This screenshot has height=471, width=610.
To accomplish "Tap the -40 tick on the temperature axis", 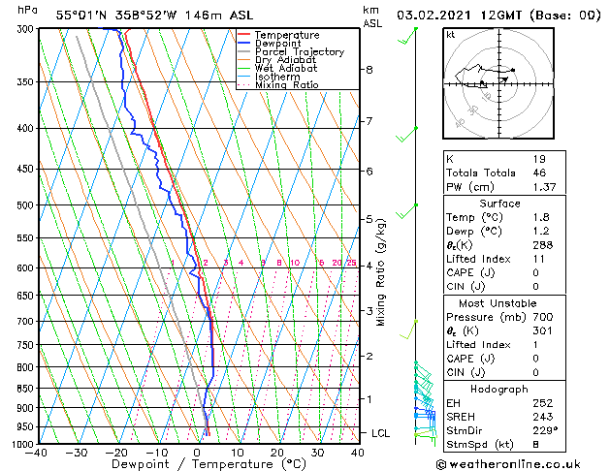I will click(x=37, y=453).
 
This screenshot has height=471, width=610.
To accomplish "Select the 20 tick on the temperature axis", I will click(x=277, y=453).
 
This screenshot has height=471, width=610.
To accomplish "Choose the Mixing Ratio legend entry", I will click(x=286, y=85).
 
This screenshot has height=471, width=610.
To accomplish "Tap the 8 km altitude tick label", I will click(x=369, y=70).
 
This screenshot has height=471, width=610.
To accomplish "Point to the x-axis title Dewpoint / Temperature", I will click(x=198, y=464).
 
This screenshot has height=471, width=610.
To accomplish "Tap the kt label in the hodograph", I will click(x=451, y=35).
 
